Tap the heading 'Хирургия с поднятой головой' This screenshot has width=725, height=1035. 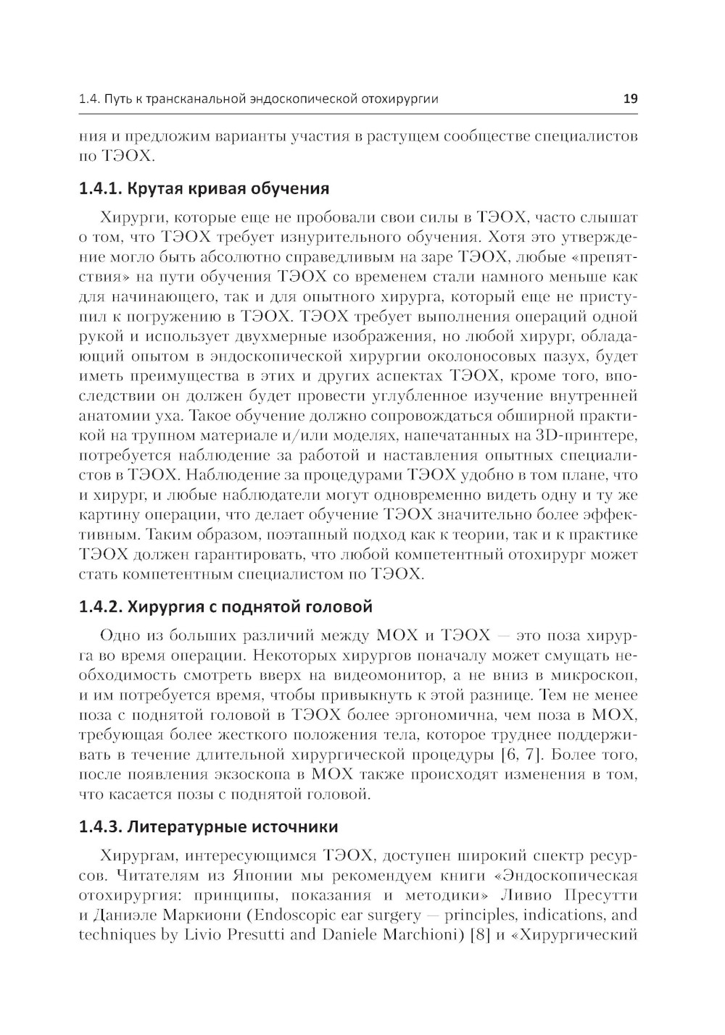coord(225,606)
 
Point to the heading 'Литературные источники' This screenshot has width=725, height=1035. coord(208,826)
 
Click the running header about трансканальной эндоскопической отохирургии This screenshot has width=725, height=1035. coord(258,99)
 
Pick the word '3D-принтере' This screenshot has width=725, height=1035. coord(587,436)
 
